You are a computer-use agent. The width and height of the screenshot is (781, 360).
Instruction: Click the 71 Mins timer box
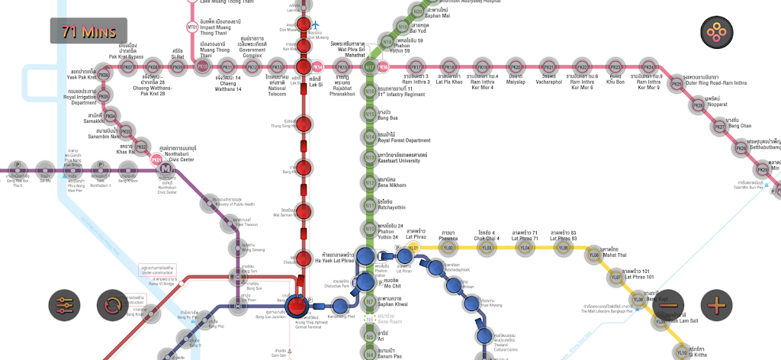[88, 31]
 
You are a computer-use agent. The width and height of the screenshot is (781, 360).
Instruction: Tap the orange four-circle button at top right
[717, 31]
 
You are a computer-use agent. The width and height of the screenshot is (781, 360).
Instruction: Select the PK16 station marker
[384, 67]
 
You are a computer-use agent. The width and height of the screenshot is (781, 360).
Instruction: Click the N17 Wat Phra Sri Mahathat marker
[369, 67]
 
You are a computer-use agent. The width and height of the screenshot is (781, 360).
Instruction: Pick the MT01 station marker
[192, 27]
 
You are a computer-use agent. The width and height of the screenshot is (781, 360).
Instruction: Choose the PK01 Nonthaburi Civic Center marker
[157, 160]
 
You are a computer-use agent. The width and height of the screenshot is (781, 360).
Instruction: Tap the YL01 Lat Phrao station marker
[413, 247]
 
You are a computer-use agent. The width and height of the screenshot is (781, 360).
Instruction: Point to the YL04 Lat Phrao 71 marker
[525, 247]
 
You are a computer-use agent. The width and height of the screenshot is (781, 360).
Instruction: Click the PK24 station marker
[649, 67]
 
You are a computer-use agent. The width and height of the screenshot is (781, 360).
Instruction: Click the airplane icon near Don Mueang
[314, 25]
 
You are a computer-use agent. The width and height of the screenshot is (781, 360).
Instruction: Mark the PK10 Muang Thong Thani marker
[203, 67]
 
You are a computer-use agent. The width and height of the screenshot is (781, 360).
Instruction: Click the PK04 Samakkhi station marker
[111, 117]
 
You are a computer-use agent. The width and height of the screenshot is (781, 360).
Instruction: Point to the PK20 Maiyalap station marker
[516, 67]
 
